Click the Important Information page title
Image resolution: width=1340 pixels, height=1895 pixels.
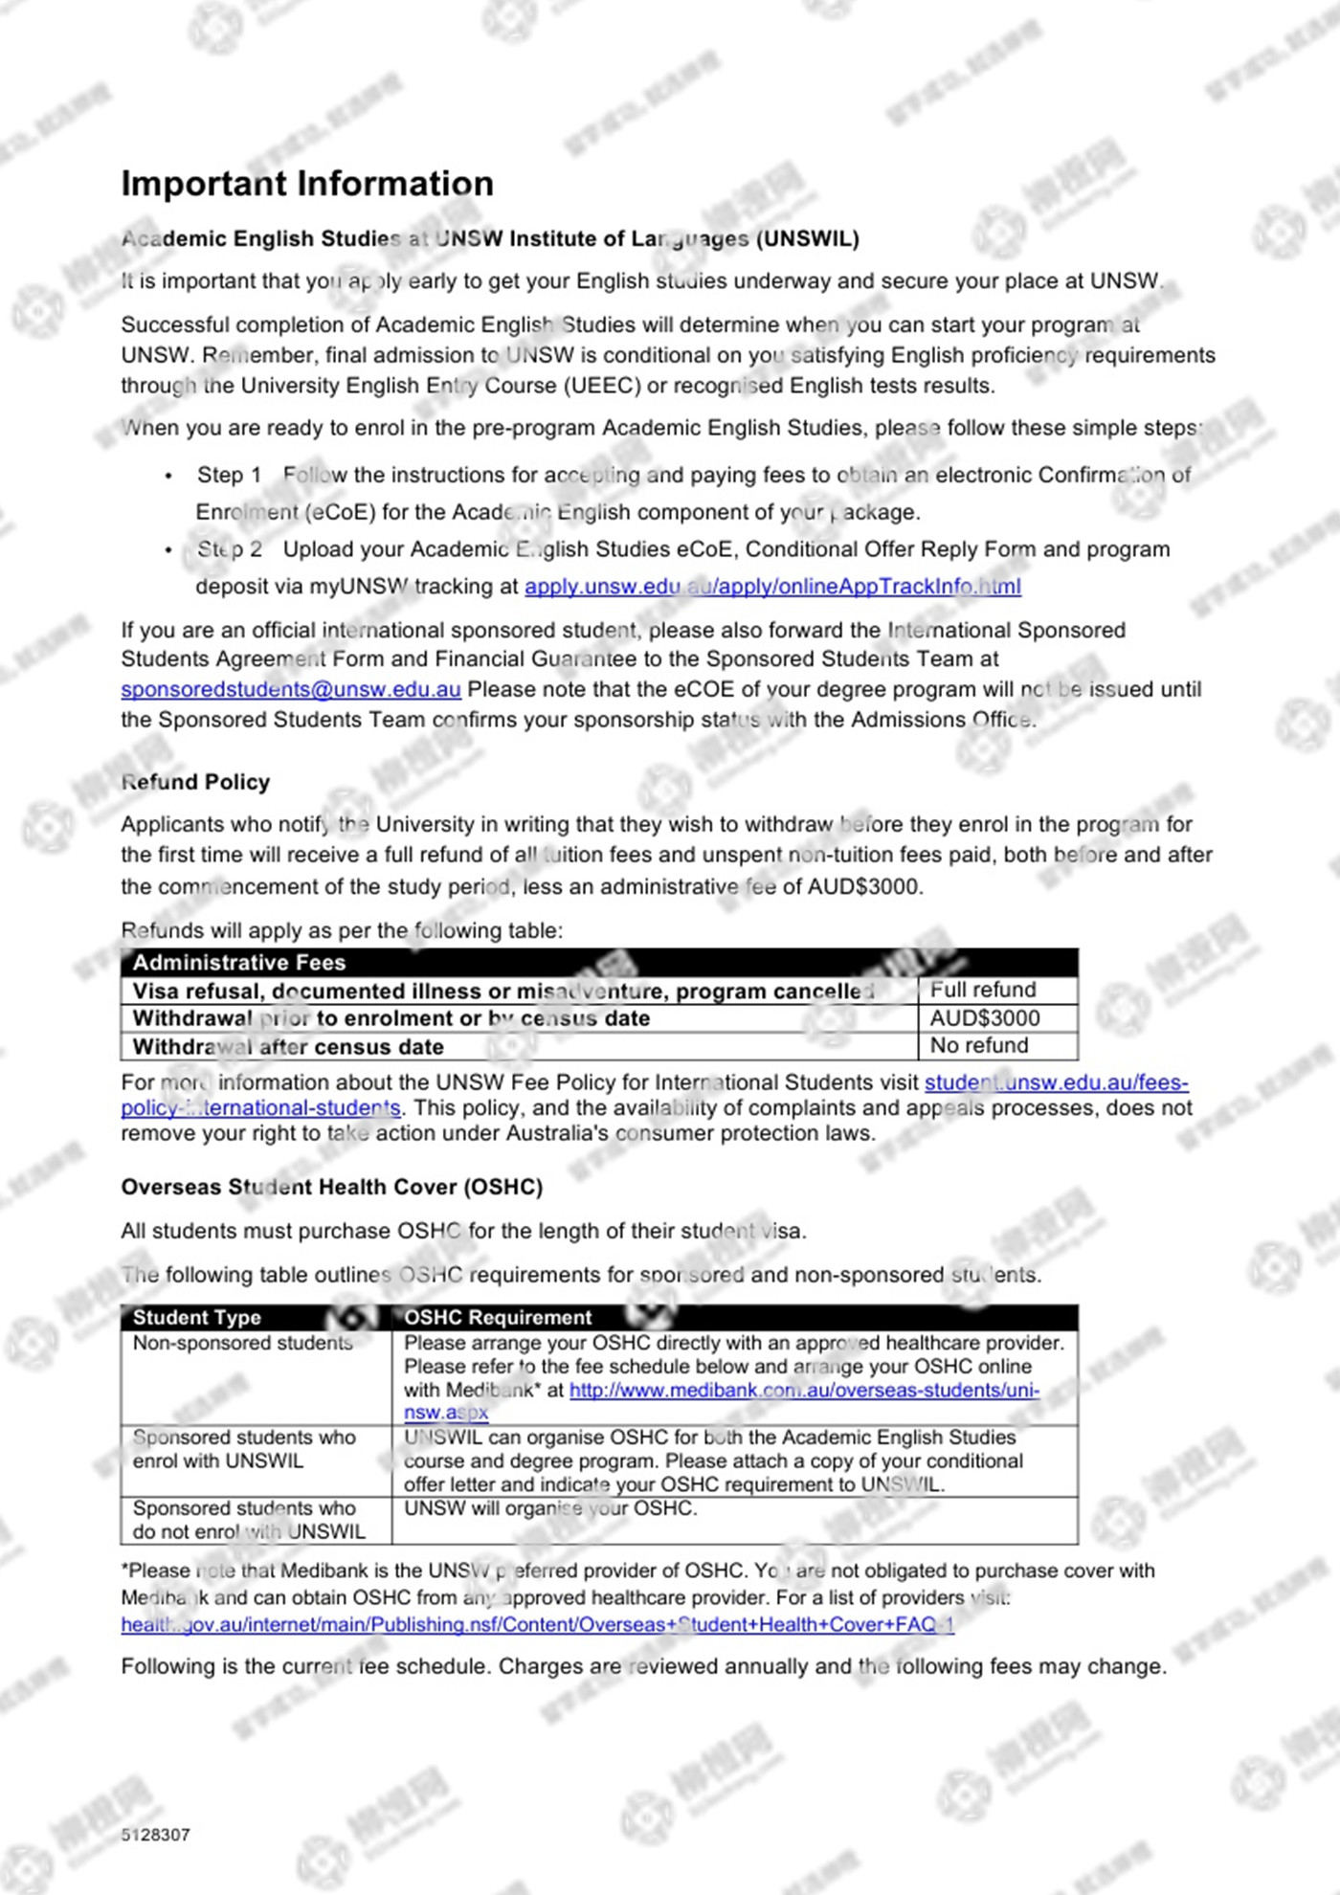[307, 184]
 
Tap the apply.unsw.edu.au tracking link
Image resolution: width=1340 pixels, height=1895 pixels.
[772, 587]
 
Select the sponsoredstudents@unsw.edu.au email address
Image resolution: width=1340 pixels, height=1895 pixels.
[291, 690]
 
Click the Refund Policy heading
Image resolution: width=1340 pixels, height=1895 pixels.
[196, 782]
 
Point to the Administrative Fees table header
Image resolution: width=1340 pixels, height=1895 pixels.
[239, 963]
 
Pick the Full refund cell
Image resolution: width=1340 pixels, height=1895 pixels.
[983, 990]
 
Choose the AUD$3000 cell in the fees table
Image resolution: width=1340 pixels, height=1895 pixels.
[985, 1018]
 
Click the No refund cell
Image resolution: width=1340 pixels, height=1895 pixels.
[979, 1046]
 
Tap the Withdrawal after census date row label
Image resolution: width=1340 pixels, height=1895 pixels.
[288, 1047]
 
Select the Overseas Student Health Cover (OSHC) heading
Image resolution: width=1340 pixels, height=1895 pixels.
[331, 1188]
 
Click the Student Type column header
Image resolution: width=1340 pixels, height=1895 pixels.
[197, 1318]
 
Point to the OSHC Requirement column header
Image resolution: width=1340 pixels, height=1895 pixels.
[498, 1318]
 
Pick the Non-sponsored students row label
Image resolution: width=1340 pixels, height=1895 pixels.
[243, 1344]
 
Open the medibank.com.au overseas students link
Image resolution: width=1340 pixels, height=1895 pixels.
[804, 1391]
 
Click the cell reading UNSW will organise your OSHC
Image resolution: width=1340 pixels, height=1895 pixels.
[550, 1509]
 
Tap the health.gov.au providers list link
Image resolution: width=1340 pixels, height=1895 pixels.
[537, 1625]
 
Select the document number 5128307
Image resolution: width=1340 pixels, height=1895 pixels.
[156, 1835]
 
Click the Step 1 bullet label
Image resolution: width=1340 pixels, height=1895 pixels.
[229, 476]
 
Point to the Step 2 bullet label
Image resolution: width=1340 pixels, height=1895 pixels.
[229, 550]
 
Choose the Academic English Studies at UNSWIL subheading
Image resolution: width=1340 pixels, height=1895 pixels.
[490, 239]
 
